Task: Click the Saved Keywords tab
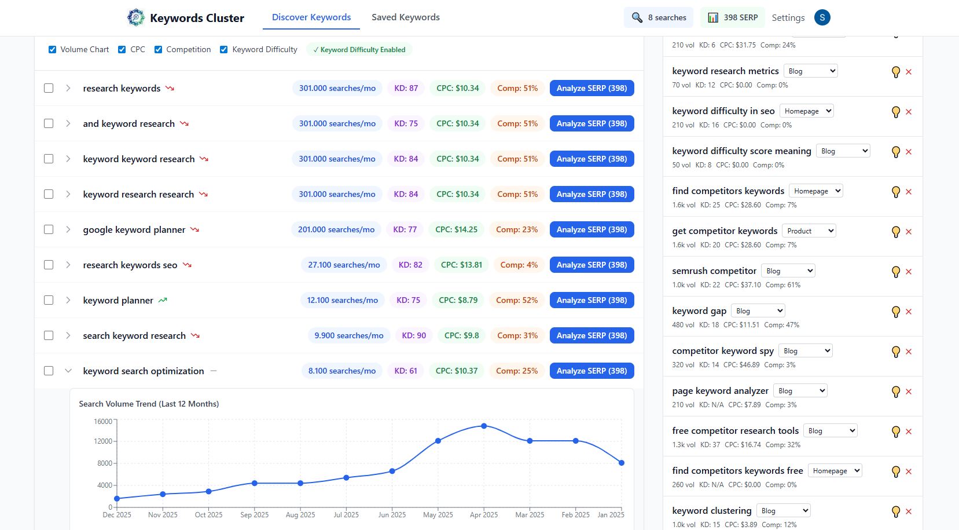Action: coord(405,17)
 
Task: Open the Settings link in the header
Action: coord(788,18)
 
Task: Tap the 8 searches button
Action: coord(659,17)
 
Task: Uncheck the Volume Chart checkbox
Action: coord(53,50)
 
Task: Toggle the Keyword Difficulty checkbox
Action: coord(224,50)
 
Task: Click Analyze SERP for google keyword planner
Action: coord(591,229)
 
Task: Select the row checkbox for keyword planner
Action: coord(49,300)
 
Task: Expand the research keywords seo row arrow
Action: coord(68,265)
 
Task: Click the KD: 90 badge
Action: coord(414,335)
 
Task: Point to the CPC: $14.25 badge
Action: coord(456,229)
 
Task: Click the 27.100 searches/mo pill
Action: coord(344,265)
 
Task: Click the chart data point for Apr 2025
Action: coord(484,426)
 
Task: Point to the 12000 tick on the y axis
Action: coord(103,441)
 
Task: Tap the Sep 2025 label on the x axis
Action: coord(254,515)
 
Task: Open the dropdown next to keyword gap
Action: coord(758,311)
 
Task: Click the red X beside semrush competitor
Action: coord(909,272)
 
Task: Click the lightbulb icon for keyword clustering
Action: coord(896,511)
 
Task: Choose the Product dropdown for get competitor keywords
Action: coord(809,231)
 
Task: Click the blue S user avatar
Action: coord(822,17)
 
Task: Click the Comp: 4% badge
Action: coord(519,265)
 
